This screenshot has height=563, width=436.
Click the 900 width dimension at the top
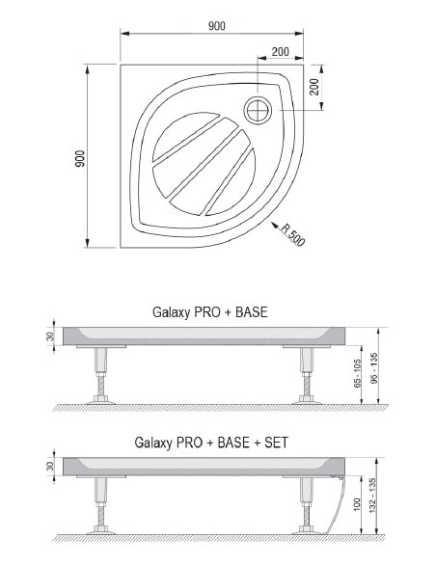217,26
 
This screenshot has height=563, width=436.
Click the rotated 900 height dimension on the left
80,158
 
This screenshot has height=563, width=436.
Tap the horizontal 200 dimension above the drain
280,52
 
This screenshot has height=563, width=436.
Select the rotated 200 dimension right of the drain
313,87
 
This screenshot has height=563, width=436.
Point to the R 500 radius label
292,235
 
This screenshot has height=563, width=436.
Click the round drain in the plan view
258,110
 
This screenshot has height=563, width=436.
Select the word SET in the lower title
276,442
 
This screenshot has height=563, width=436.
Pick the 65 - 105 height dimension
357,373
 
